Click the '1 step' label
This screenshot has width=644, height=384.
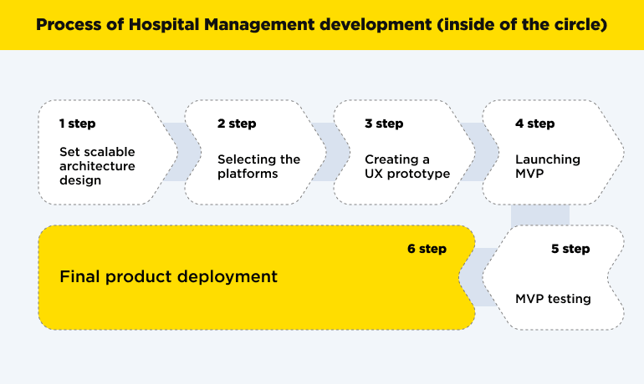[77, 124]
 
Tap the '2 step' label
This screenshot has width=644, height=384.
[237, 124]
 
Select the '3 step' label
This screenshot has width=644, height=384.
[384, 124]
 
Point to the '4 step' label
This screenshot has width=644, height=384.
[534, 124]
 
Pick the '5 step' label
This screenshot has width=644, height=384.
[570, 249]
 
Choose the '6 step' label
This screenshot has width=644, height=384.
[427, 249]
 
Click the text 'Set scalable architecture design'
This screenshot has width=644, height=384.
[97, 166]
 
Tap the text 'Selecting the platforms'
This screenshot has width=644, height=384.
[258, 166]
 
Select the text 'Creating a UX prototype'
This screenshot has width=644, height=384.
[407, 166]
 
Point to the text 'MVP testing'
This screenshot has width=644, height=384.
[553, 299]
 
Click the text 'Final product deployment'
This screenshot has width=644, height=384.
[168, 275]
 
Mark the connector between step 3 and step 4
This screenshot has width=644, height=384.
[474, 152]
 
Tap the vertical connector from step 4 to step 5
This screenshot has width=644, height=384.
[539, 215]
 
